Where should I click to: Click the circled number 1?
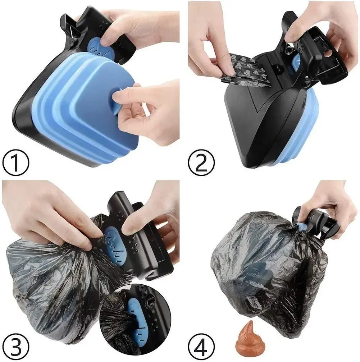15,164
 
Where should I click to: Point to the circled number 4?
200,346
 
